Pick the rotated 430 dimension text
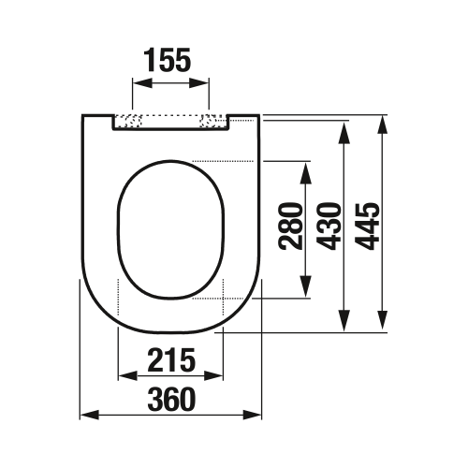(x=329, y=226)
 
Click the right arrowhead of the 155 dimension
(x=205, y=82)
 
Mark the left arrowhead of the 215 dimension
(x=122, y=376)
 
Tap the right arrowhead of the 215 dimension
(x=219, y=376)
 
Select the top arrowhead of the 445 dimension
(x=384, y=122)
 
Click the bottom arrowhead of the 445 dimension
(x=384, y=324)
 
